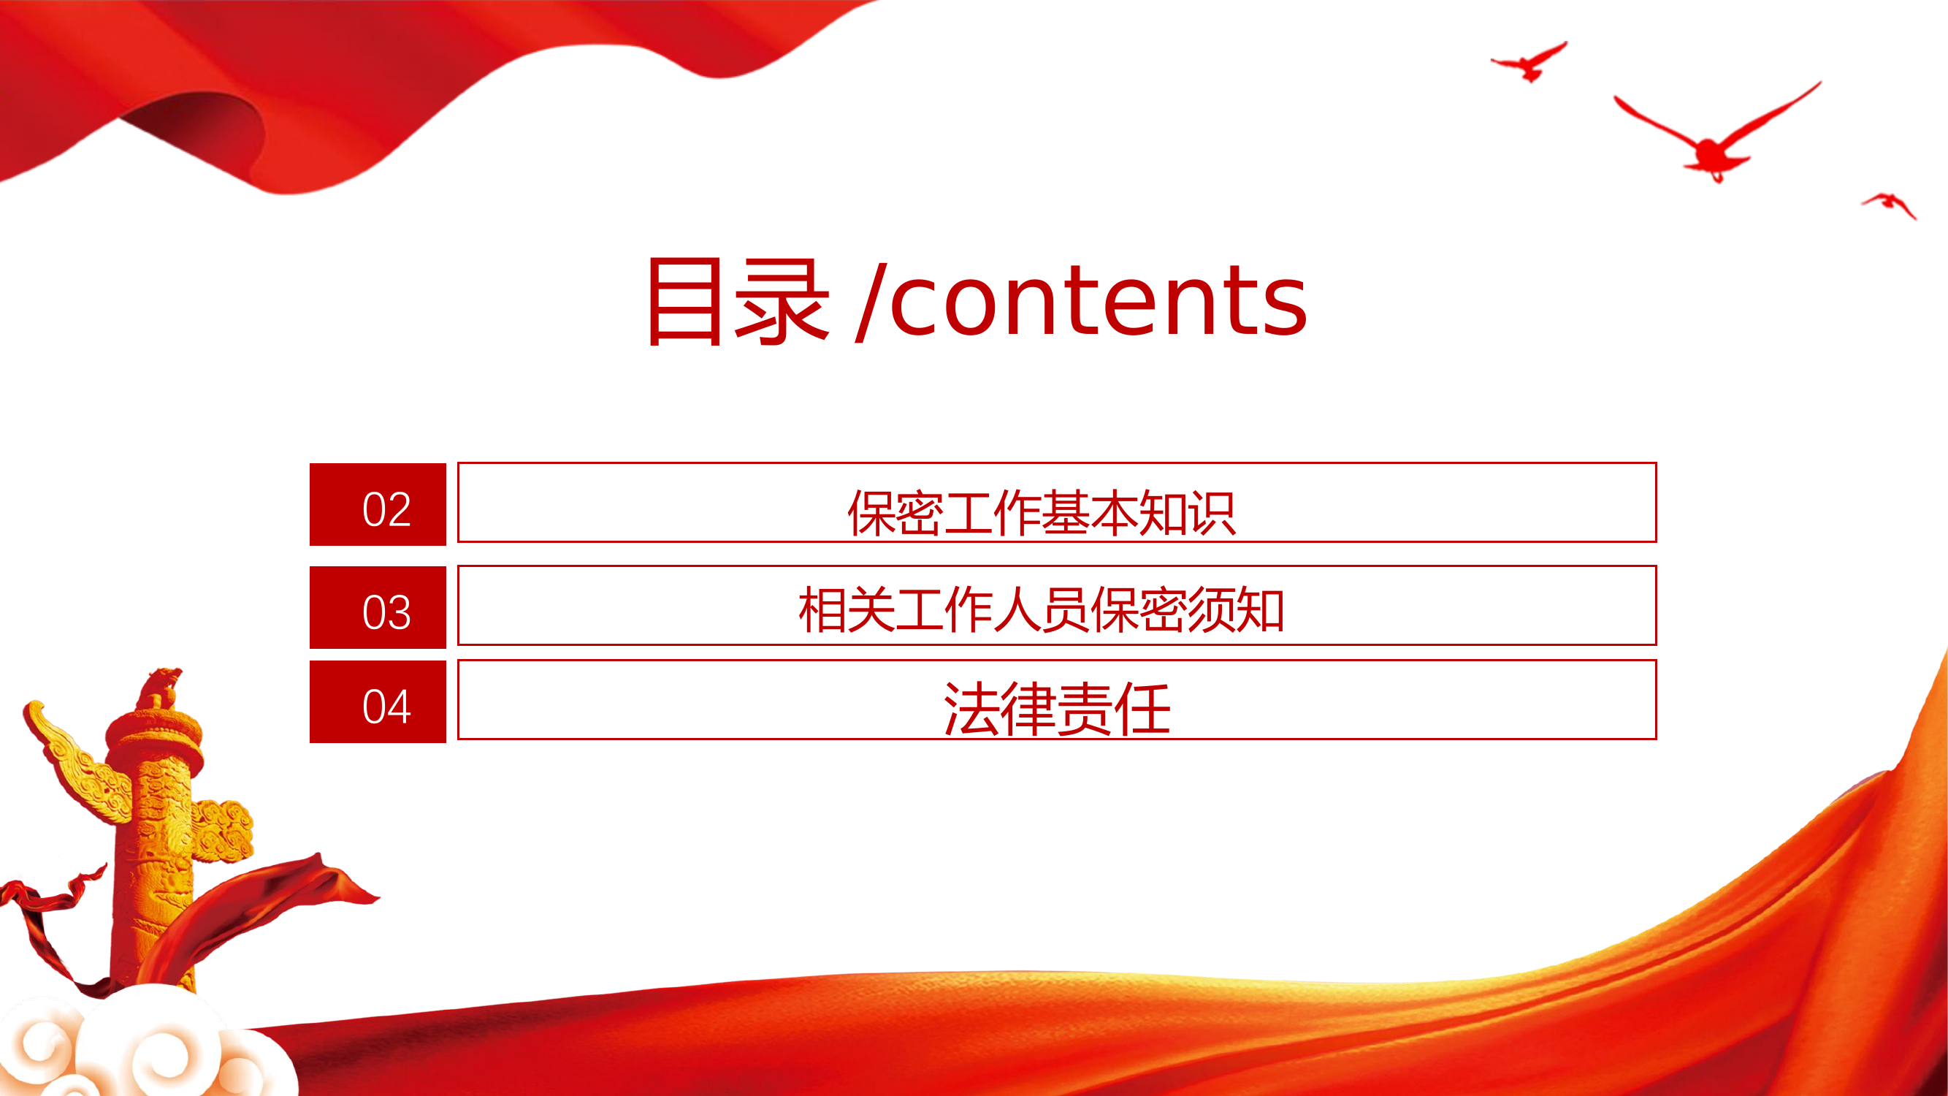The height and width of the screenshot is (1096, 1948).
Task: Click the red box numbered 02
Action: [x=378, y=504]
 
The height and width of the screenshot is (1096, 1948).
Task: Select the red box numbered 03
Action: [x=378, y=607]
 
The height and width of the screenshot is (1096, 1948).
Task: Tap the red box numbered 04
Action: [x=378, y=702]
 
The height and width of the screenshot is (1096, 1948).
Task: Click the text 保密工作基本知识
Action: [x=1042, y=513]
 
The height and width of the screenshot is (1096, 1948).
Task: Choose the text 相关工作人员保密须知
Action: [x=1042, y=609]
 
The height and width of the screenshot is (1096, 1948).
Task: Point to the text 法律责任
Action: [x=1056, y=708]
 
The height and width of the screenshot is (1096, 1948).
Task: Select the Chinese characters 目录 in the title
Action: [x=737, y=301]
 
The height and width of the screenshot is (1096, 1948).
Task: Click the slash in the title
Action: [x=870, y=302]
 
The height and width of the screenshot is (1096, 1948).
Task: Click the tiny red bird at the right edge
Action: [x=1890, y=202]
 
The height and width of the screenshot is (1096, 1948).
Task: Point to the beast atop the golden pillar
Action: [x=162, y=687]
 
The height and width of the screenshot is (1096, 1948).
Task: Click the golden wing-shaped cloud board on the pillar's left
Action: [x=72, y=764]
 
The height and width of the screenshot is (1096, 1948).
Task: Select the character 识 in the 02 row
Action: [x=1212, y=513]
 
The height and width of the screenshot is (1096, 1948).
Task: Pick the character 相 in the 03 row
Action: [x=822, y=609]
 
